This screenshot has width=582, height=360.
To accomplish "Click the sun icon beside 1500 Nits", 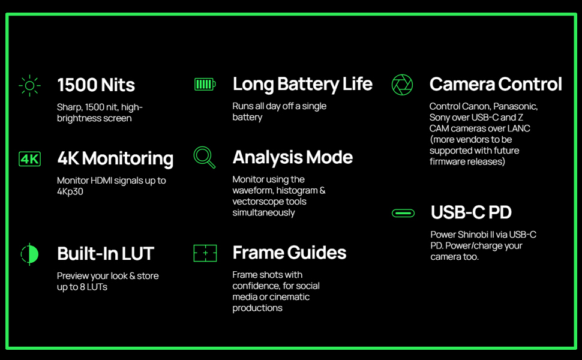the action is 29,86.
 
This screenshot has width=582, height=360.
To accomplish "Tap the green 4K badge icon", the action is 29,159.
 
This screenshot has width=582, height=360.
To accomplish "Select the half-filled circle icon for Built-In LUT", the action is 29,254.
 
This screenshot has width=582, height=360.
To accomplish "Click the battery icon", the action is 205,84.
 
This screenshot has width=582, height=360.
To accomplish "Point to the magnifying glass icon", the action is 205,157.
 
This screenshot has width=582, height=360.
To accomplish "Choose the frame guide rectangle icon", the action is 205,253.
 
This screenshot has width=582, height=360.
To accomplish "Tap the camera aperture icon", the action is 402,85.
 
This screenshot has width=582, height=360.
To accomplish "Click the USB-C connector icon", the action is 403,213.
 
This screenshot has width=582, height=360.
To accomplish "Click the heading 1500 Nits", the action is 96,85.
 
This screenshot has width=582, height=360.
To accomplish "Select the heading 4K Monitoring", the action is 115,158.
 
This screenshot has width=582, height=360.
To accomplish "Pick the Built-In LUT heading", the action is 106,254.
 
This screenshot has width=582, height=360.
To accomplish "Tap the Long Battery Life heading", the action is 302,84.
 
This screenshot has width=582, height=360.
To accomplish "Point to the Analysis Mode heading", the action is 292,157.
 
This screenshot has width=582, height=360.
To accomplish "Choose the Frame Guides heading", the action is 290,253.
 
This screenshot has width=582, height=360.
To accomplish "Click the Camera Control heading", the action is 496,84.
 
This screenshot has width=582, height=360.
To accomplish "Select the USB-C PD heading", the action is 471,212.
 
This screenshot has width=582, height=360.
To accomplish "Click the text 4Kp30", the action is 70,191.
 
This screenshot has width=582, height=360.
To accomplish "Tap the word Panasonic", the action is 515,107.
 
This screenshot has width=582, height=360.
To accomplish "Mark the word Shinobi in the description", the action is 472,235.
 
